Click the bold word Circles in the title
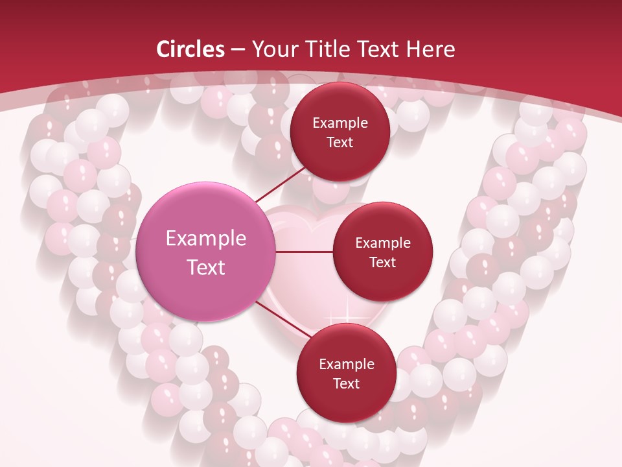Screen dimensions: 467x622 (x=190, y=49)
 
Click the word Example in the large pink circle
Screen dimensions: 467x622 (x=206, y=239)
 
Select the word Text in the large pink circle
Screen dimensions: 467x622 (x=206, y=267)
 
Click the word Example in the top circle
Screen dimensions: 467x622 (x=340, y=123)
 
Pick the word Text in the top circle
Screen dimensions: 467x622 (x=340, y=143)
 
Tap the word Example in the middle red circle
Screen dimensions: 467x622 (x=383, y=243)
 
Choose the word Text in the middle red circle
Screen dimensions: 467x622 (x=382, y=263)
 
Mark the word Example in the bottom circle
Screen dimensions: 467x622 (x=347, y=365)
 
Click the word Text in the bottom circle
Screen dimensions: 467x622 (x=346, y=384)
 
